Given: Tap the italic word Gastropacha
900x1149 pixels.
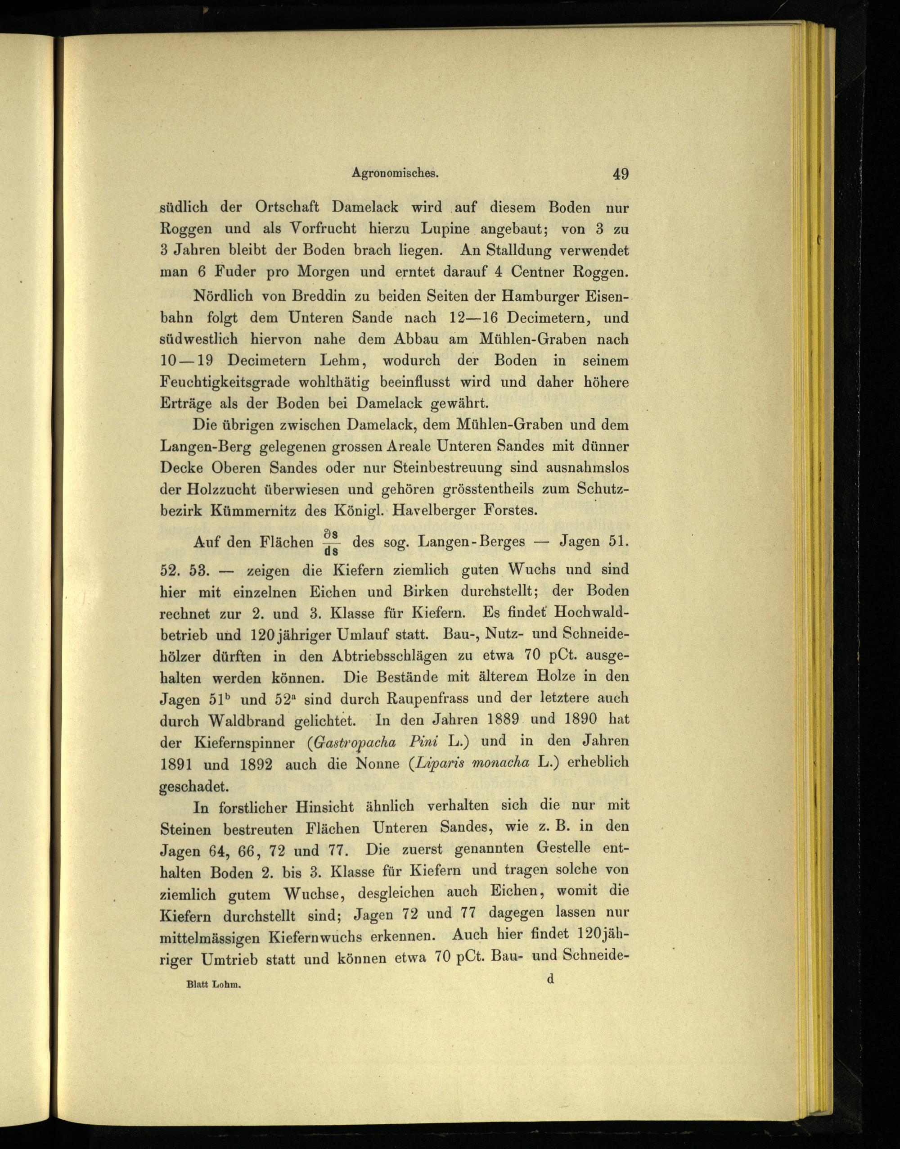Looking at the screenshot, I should [x=357, y=742].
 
